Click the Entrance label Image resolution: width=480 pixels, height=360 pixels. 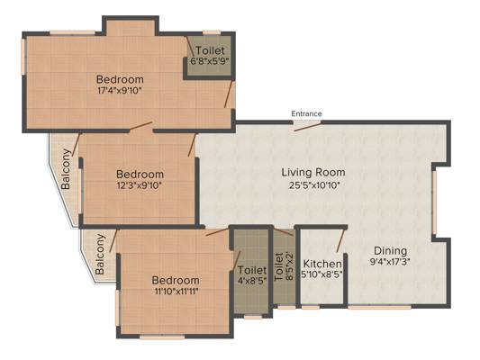click(306, 113)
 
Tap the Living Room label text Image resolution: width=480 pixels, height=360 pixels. click(313, 172)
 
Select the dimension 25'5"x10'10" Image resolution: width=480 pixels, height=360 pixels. click(314, 185)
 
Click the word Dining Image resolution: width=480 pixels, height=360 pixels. click(391, 251)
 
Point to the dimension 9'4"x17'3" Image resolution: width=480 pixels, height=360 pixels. click(390, 262)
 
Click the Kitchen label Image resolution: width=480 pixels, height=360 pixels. click(322, 264)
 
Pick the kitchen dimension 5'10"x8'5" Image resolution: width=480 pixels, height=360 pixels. click(322, 274)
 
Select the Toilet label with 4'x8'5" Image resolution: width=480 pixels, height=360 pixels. click(252, 275)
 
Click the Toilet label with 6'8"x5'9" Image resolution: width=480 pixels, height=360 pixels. click(210, 55)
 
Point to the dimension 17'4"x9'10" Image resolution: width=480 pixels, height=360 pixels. click(120, 91)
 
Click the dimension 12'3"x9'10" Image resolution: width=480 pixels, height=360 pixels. click(139, 185)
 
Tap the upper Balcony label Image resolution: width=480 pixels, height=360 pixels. click(66, 169)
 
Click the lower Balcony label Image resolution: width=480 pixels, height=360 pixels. click(100, 254)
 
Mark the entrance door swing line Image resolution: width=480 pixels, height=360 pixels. click(308, 126)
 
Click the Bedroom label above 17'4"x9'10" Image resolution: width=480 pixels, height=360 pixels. click(120, 79)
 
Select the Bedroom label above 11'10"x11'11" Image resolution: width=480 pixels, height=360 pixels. click(176, 280)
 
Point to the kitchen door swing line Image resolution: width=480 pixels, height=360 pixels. click(340, 240)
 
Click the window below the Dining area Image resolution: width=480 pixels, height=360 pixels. click(380, 307)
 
